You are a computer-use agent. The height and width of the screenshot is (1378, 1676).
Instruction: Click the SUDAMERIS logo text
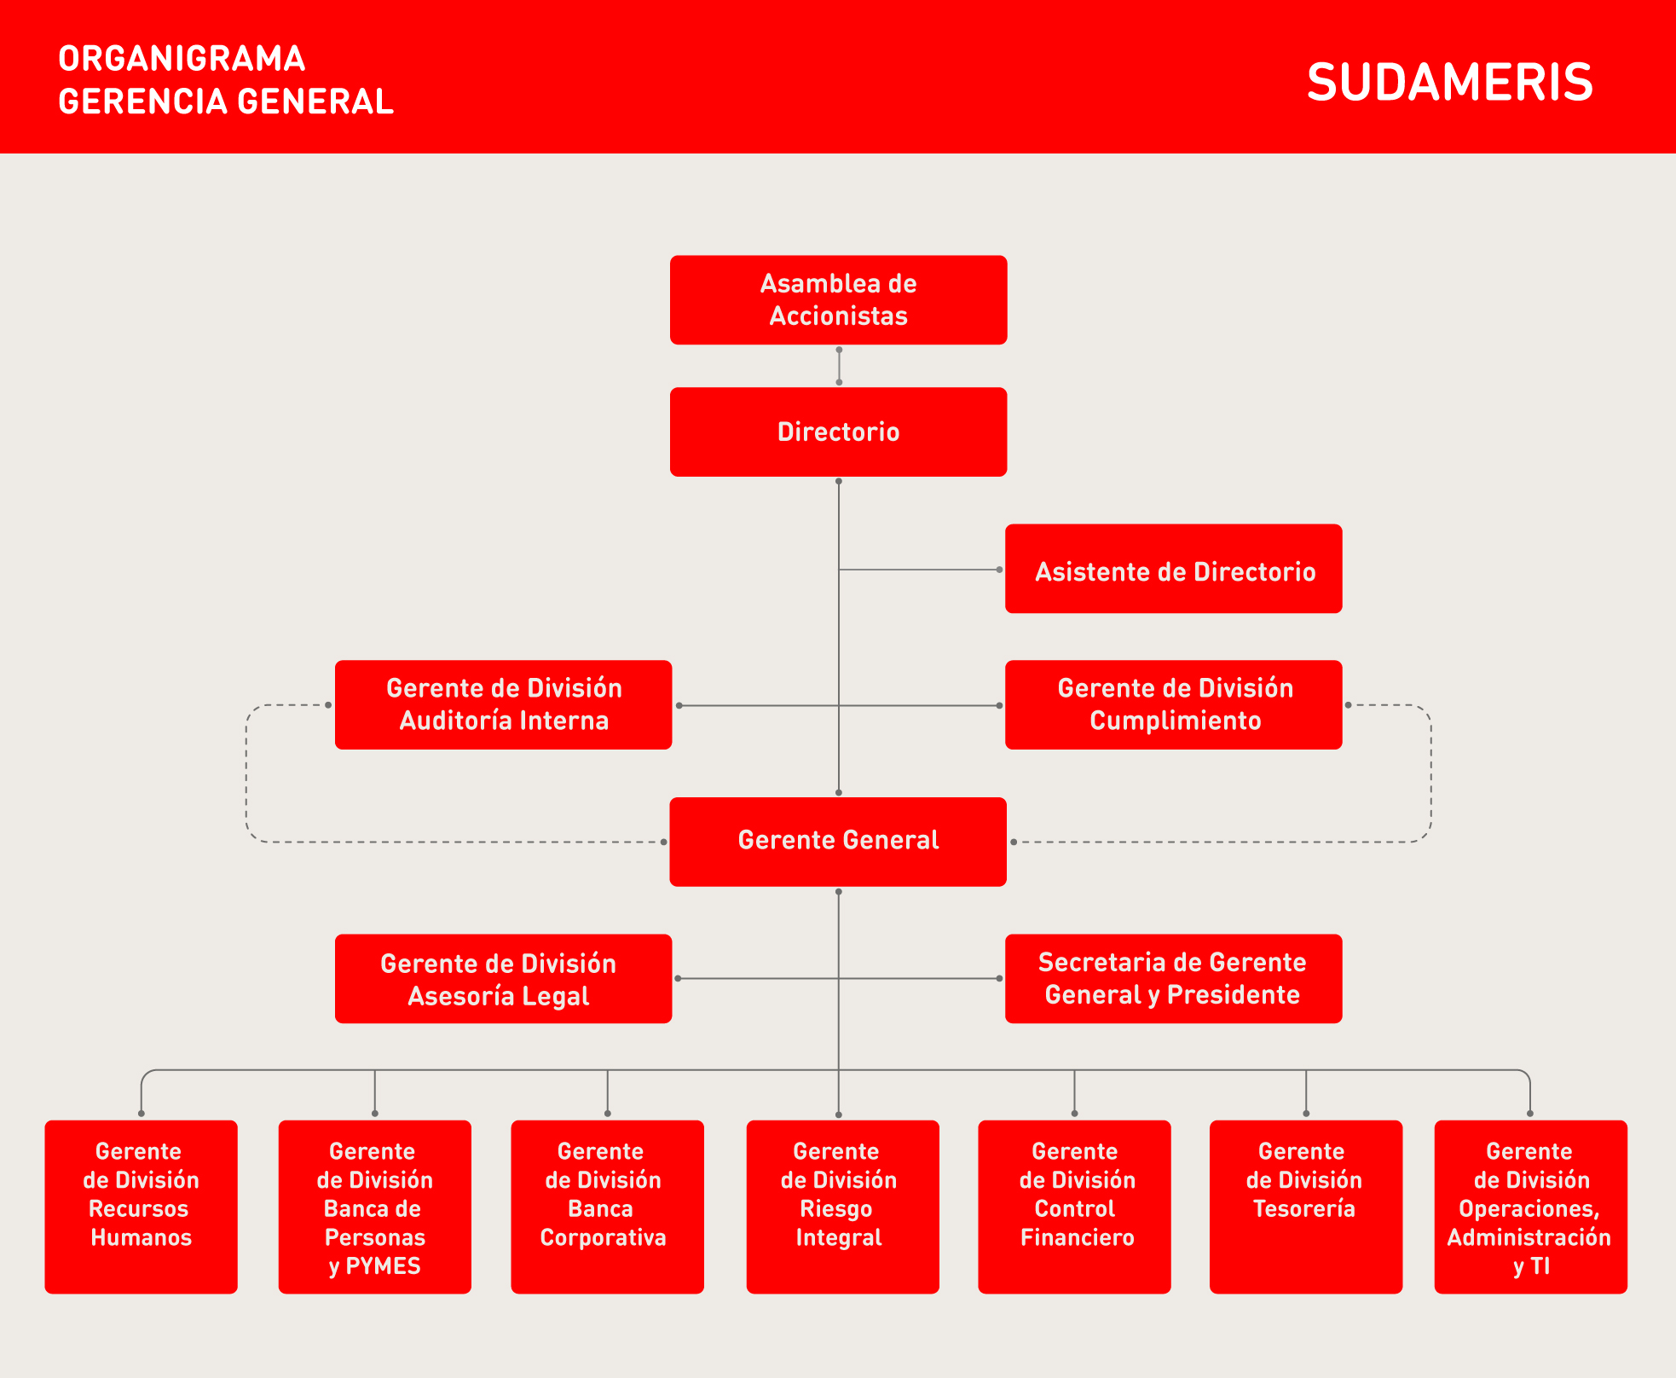point(1449,83)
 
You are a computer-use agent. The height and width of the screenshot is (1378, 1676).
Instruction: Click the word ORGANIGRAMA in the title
point(182,59)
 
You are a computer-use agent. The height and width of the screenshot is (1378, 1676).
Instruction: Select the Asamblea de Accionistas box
point(838,300)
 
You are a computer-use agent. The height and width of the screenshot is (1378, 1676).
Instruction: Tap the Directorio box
point(838,432)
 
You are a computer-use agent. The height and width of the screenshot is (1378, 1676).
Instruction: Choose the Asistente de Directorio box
point(1173,569)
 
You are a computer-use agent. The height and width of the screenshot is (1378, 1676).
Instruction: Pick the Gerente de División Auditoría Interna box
point(503,705)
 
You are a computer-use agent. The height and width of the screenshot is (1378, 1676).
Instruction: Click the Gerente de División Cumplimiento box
point(1173,705)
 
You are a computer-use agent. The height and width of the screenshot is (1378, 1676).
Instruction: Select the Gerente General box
point(838,842)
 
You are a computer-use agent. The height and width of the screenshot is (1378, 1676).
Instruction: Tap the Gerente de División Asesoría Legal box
point(503,979)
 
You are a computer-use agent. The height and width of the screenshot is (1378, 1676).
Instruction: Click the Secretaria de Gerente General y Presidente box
point(1173,979)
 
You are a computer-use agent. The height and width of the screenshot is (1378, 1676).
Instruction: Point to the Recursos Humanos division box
point(141,1207)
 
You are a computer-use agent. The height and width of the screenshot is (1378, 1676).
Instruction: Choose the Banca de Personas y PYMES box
point(374,1207)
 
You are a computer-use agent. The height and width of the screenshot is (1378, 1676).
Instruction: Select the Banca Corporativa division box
point(607,1207)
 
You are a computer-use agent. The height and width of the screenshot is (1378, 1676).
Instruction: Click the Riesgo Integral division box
point(842,1207)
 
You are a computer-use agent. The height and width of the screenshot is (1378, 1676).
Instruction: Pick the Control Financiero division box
point(1074,1207)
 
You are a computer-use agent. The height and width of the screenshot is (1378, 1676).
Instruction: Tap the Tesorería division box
point(1306,1207)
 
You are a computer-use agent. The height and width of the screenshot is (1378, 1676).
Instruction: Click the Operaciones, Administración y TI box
point(1531,1207)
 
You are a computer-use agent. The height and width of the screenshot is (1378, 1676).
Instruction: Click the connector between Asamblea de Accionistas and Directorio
point(839,366)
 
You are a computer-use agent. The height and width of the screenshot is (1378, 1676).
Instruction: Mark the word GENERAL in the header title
point(315,101)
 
